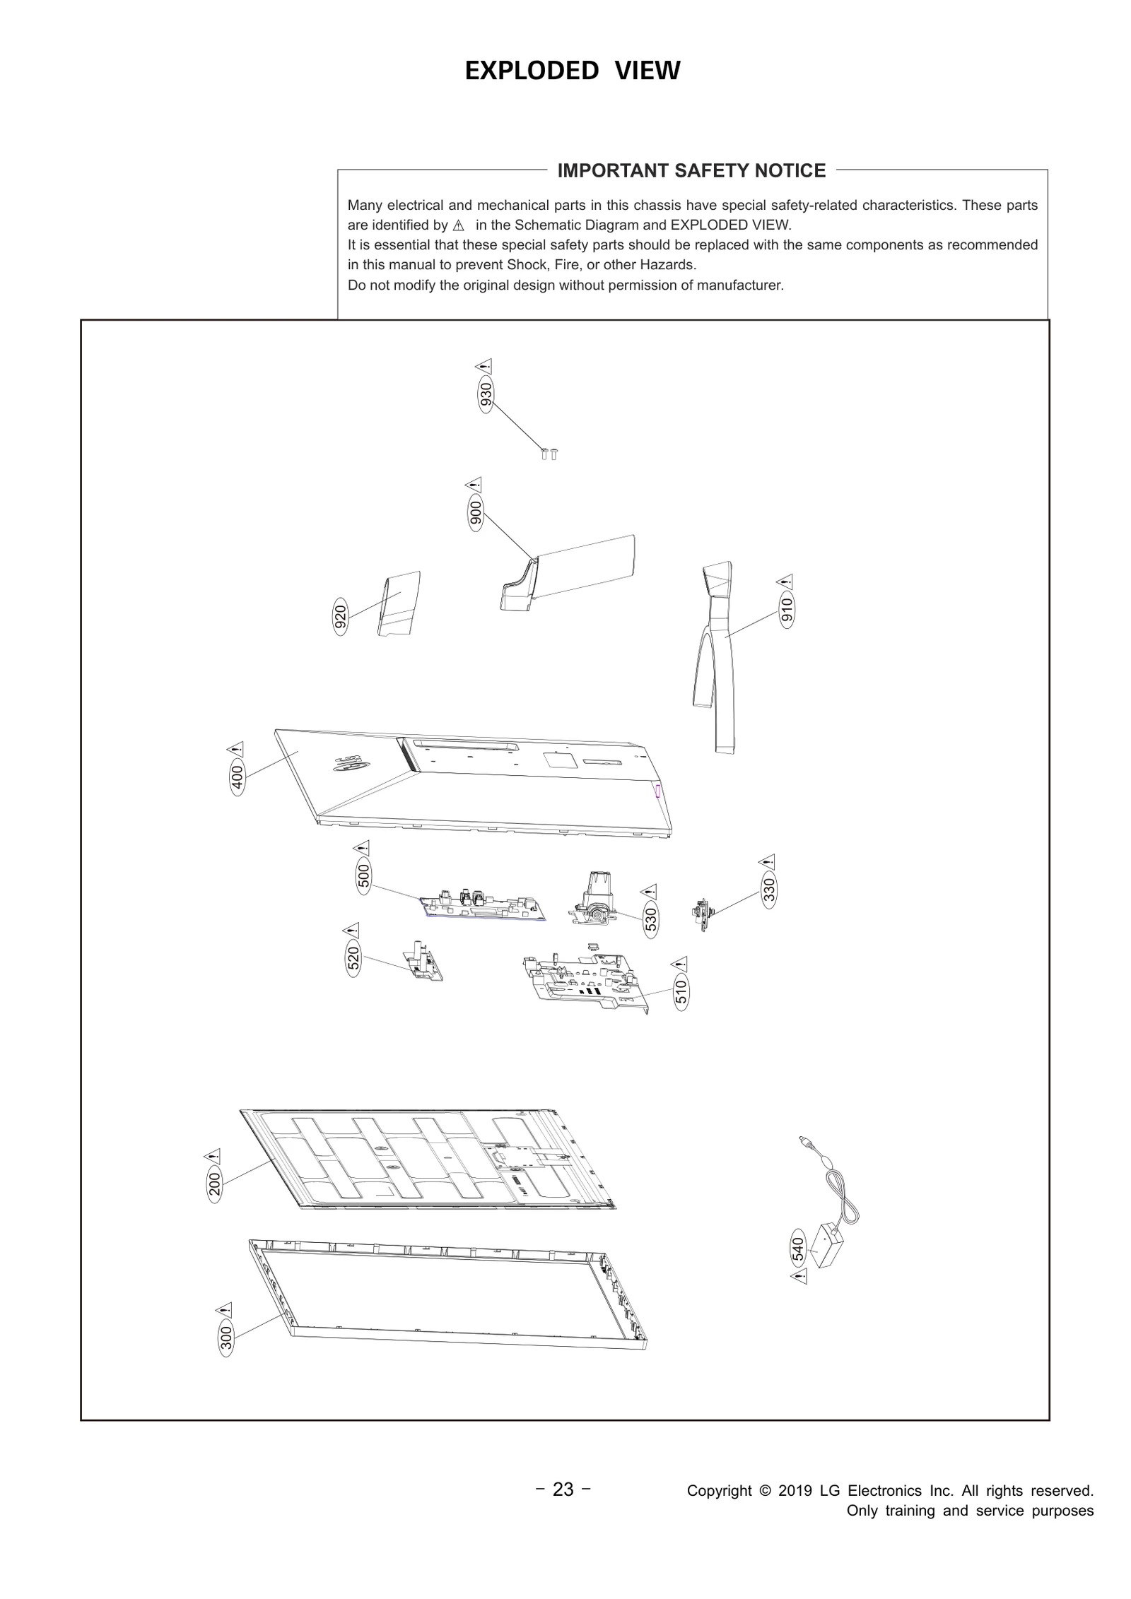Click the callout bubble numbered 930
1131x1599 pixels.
pos(486,395)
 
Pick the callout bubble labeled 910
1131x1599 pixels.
pos(787,608)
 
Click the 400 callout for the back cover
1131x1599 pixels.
pos(238,777)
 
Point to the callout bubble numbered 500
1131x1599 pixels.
pos(363,876)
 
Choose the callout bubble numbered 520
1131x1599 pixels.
pos(353,958)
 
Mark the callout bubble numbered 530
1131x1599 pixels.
pos(650,919)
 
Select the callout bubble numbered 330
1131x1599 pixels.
pos(769,890)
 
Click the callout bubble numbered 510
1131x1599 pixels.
pos(681,992)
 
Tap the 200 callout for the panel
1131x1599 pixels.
pos(215,1181)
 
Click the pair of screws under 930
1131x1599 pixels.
pos(549,454)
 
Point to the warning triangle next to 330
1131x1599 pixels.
pos(768,861)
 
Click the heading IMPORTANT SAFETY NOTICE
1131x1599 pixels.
pos(691,170)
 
